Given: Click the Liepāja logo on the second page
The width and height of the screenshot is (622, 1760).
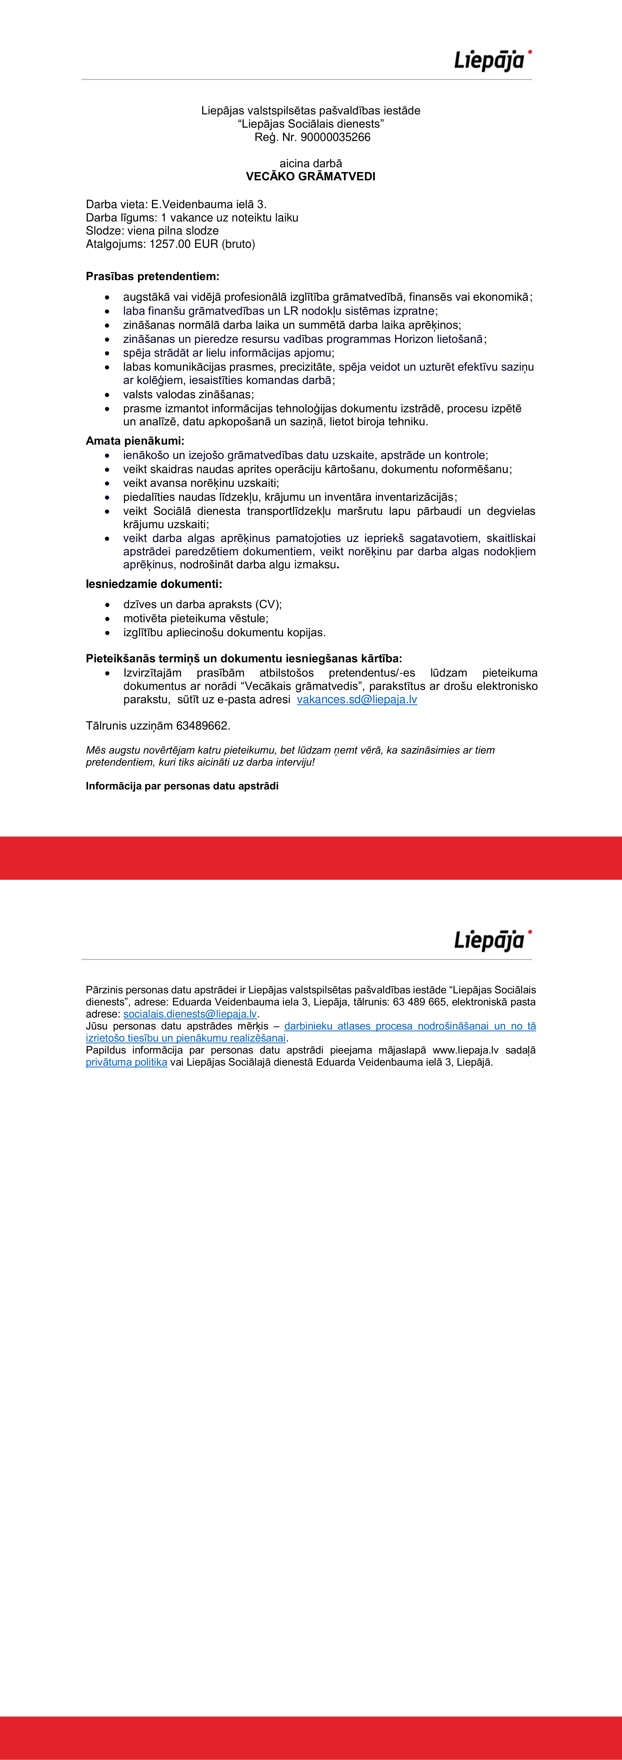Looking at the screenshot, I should point(493,940).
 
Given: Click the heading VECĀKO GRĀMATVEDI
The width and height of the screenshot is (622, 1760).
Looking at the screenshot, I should point(310,176).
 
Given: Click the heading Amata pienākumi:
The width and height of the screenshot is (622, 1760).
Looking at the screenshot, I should point(135,441).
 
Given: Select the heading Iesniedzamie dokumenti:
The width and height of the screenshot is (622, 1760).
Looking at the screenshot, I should point(154,584).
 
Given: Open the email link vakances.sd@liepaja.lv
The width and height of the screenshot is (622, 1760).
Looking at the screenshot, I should point(357,700).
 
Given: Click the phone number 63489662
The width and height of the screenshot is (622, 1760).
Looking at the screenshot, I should point(203,726).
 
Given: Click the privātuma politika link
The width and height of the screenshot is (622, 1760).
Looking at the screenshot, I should point(126,1062).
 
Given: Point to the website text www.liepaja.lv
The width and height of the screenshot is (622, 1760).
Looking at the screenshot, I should point(465,1050).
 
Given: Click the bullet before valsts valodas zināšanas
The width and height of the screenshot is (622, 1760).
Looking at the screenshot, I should point(107,395).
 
